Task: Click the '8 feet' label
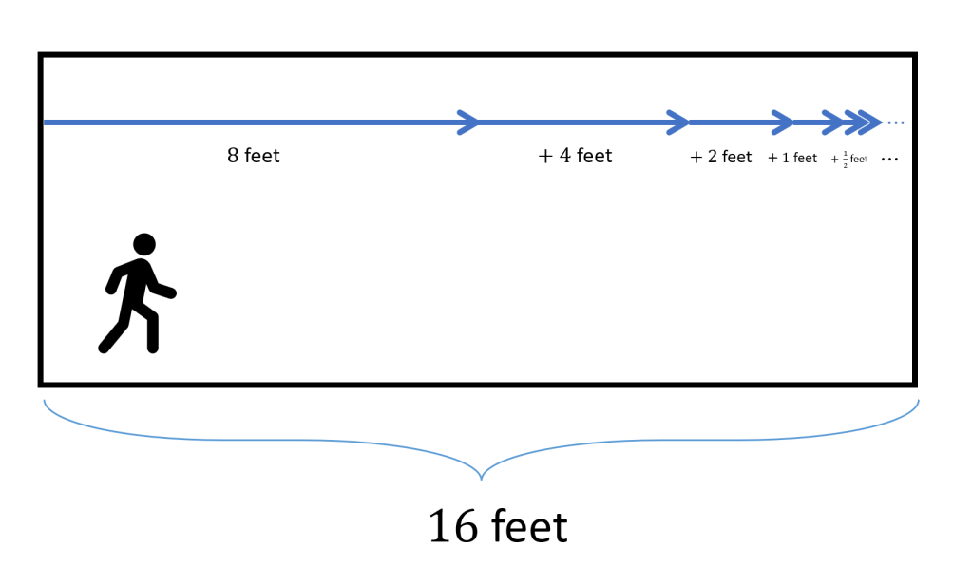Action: [x=254, y=155]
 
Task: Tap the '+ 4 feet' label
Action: [x=576, y=156]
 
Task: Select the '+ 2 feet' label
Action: [x=721, y=157]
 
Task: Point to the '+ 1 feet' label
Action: [x=792, y=158]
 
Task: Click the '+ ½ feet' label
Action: [x=849, y=160]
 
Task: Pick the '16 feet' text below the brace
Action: [x=498, y=527]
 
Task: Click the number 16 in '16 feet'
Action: [x=452, y=527]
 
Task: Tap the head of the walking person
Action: [x=144, y=244]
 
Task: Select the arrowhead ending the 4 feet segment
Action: [x=678, y=123]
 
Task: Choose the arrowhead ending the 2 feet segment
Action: [x=783, y=123]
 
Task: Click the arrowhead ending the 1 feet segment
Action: [x=832, y=123]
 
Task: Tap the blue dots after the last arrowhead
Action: [x=896, y=123]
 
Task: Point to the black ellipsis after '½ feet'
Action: [x=889, y=160]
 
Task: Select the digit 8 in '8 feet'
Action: [x=233, y=155]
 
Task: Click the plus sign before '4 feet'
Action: [x=545, y=157]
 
